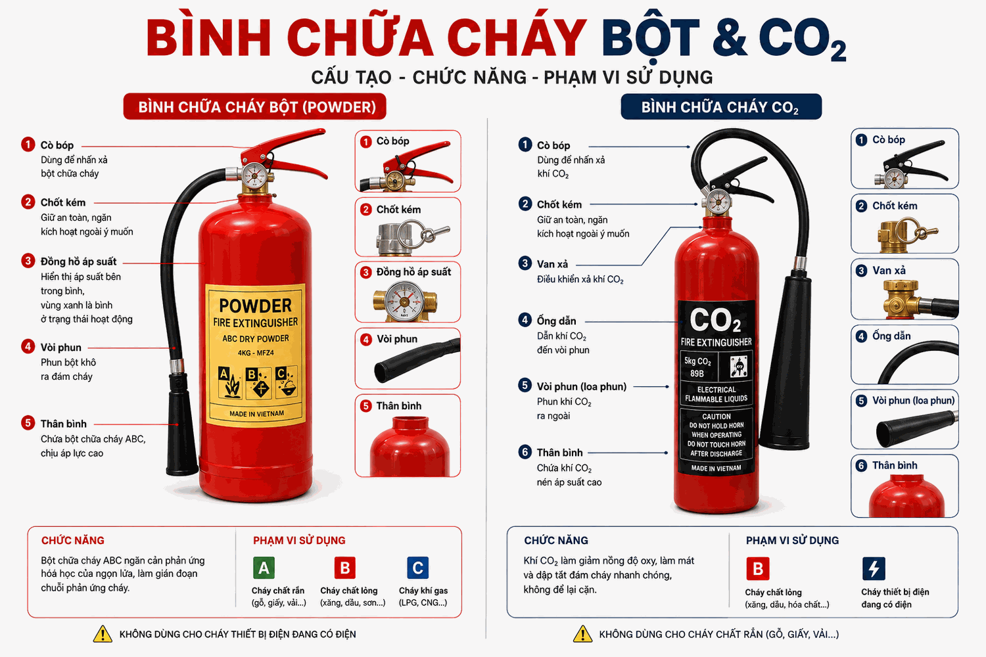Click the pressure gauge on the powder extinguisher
point(254,175)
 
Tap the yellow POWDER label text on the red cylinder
point(255,306)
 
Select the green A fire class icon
point(264,568)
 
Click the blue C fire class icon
point(417,568)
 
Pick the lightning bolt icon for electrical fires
point(874,568)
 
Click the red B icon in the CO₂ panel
point(757,568)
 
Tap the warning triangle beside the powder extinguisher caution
point(103,634)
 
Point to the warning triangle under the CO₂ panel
point(582,634)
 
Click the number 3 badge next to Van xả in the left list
point(525,263)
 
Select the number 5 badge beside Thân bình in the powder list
point(28,423)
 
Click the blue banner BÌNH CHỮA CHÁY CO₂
point(721,106)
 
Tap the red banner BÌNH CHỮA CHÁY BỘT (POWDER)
point(255,106)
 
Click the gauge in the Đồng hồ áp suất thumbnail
point(404,301)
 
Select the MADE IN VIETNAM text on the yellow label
point(256,414)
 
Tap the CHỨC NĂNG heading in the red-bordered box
point(72,541)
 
